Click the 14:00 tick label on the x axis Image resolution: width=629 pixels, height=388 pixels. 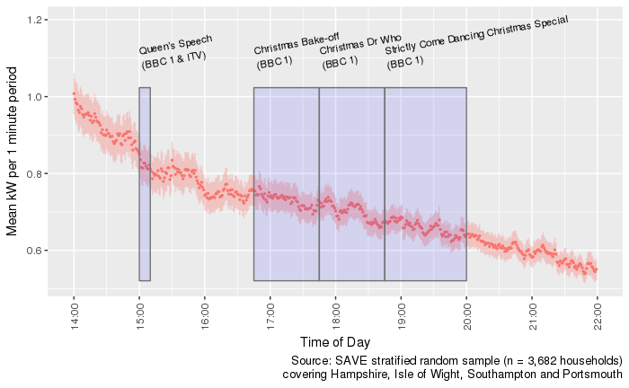pyautogui.click(x=74, y=313)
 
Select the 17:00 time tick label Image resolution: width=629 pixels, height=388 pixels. pyautogui.click(x=270, y=313)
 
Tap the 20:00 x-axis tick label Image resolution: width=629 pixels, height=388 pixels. pyautogui.click(x=466, y=313)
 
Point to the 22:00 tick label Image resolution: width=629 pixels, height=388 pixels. pyautogui.click(x=597, y=313)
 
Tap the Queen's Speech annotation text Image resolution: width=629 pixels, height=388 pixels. pyautogui.click(x=176, y=53)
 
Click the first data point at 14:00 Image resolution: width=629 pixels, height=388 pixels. pyautogui.click(x=74, y=93)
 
